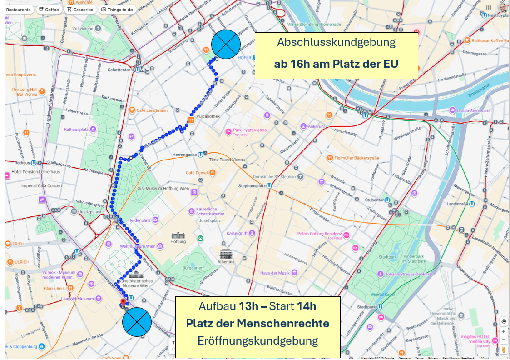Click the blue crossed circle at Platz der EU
226,44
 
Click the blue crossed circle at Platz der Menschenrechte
137,322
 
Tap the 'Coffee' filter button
49,10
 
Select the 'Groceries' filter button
80,10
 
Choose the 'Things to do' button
117,10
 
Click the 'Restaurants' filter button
19,10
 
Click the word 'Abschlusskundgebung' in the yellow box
336,43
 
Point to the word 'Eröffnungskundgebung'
257,340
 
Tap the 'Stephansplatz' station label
253,185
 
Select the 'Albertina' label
226,262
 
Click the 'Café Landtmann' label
152,110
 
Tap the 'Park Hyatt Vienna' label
249,130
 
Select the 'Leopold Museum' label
77,299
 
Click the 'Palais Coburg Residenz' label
319,234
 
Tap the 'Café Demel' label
197,173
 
